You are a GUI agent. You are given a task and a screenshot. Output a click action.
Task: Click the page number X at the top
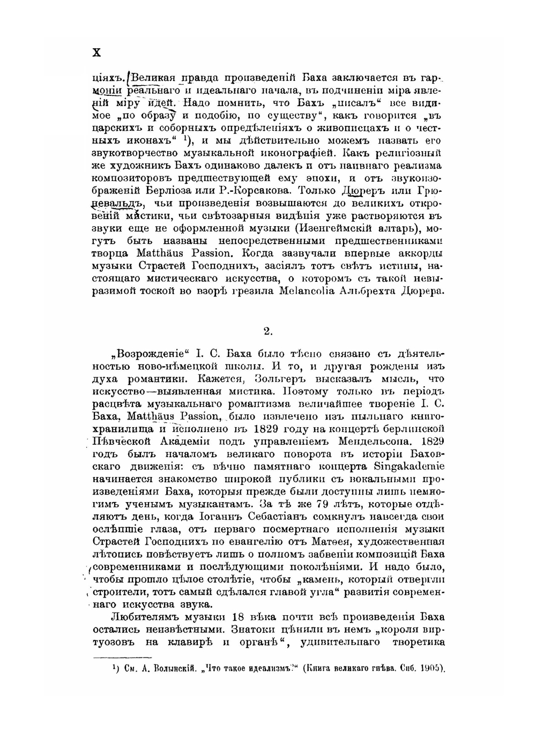click(x=96, y=53)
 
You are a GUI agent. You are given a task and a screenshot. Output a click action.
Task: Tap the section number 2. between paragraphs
click(x=268, y=331)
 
